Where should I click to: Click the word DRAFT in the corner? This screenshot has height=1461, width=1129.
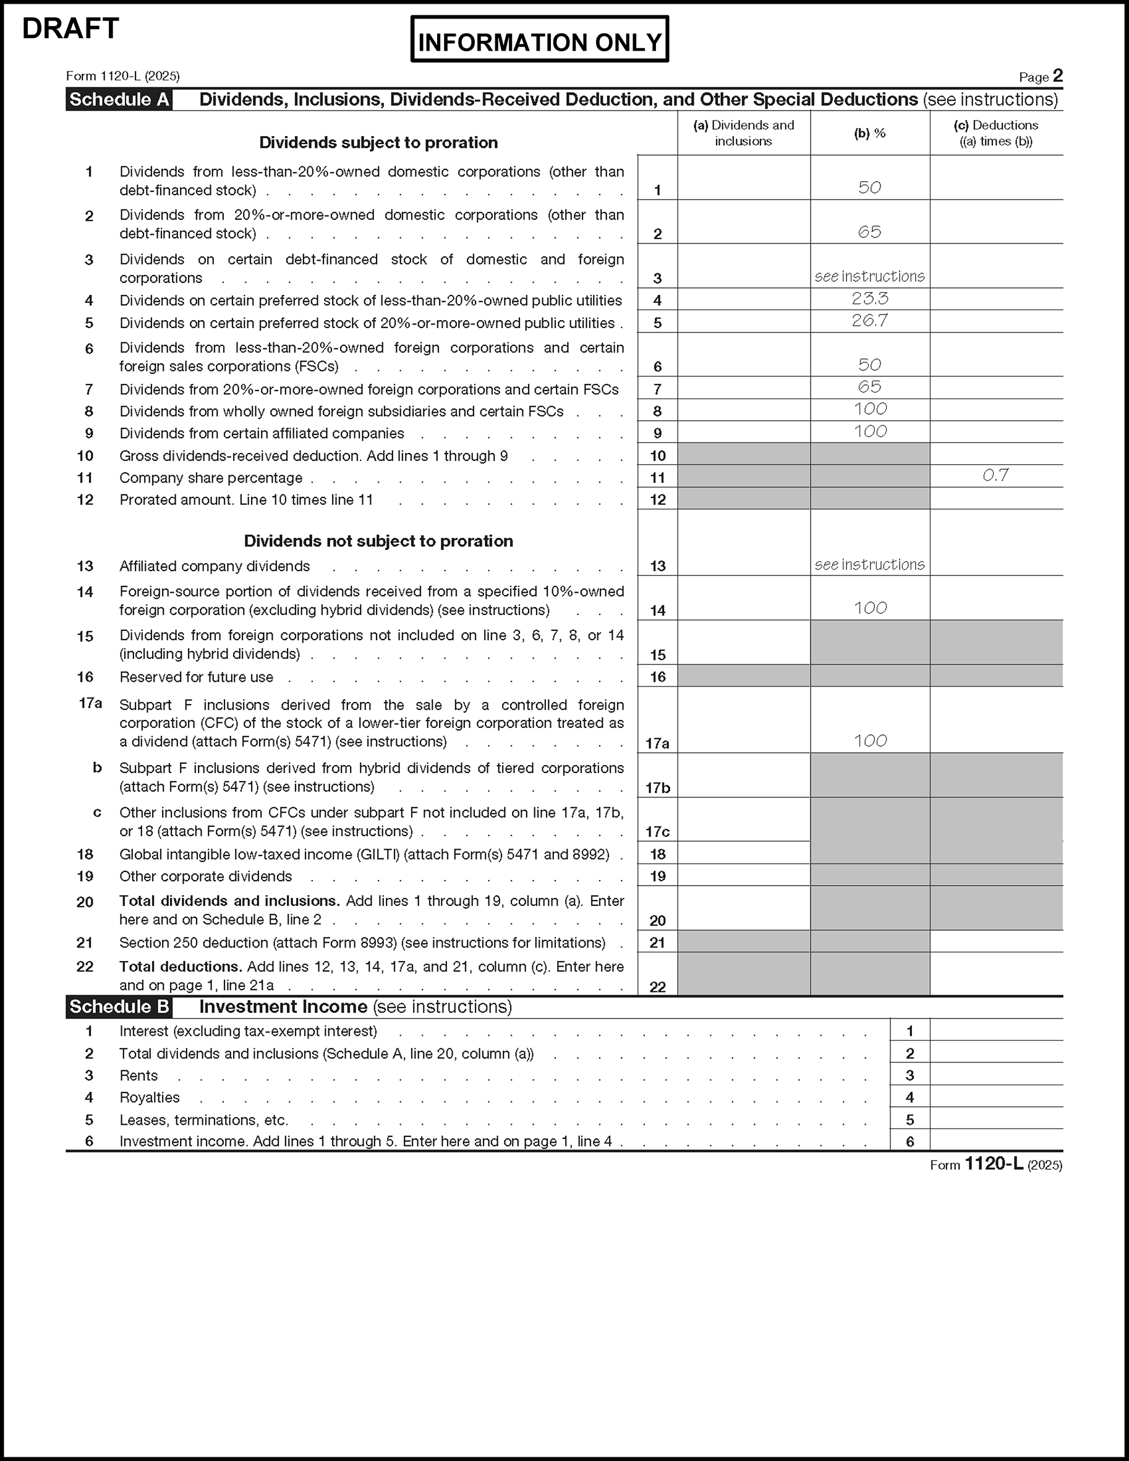[70, 29]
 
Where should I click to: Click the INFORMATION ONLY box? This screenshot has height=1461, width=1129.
[539, 40]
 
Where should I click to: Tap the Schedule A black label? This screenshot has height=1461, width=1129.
[119, 100]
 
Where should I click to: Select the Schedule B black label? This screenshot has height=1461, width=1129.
[119, 1007]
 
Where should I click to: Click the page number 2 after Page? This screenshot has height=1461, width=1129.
[1057, 75]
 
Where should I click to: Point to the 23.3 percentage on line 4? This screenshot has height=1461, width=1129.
[869, 299]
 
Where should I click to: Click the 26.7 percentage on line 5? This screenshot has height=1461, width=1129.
[869, 321]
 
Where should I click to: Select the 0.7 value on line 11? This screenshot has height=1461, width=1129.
[995, 476]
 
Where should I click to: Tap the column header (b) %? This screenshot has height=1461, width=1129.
[869, 133]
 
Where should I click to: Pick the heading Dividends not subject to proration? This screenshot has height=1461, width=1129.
[378, 541]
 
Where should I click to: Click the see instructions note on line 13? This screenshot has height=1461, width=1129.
[869, 565]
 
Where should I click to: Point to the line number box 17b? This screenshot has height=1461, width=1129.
[657, 788]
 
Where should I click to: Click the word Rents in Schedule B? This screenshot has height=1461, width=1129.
[138, 1076]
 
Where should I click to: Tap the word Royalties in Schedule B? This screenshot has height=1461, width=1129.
[149, 1098]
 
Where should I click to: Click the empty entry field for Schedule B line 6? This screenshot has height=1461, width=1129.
[996, 1141]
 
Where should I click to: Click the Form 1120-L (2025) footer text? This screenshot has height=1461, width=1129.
[995, 1164]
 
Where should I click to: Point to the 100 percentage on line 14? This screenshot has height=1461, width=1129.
[869, 608]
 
